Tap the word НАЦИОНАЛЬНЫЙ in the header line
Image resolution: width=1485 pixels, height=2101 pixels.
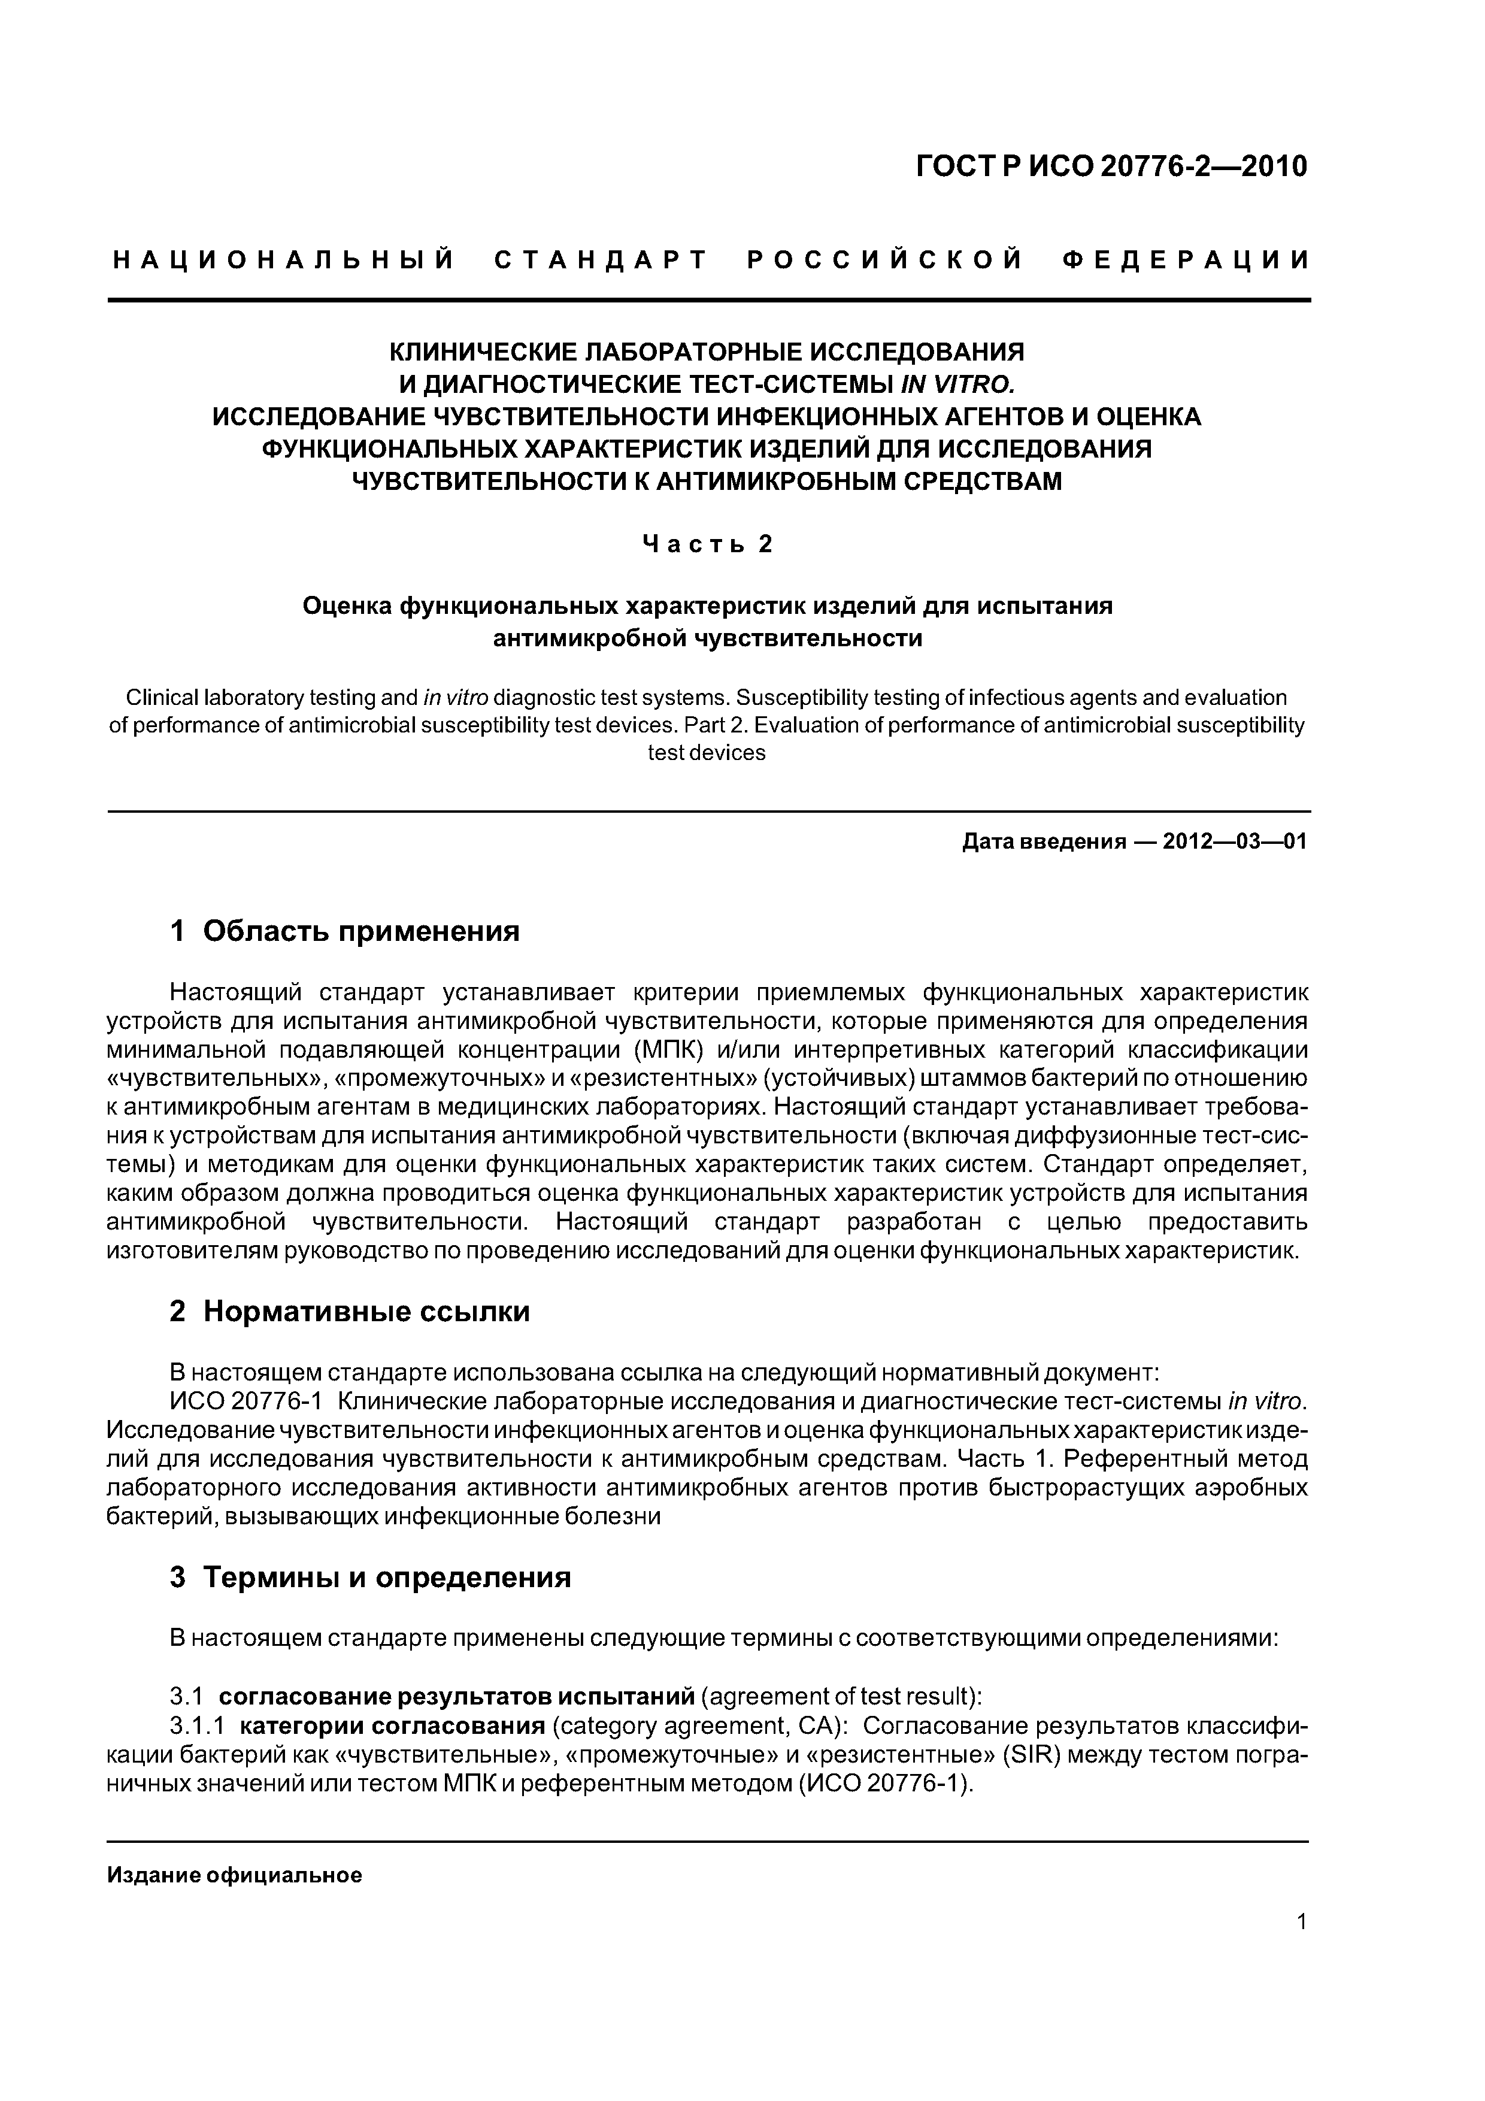tap(284, 261)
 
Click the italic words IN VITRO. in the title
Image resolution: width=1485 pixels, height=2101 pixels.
tap(957, 385)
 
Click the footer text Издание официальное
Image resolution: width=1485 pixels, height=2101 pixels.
tap(235, 1876)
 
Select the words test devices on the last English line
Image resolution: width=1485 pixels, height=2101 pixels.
tap(707, 753)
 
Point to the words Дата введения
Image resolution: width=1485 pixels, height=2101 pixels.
tap(1043, 842)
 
